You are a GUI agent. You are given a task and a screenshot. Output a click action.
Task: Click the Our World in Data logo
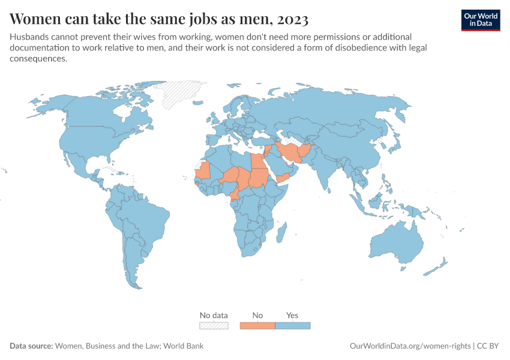[x=480, y=20]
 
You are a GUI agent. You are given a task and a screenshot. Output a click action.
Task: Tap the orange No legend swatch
[x=257, y=326]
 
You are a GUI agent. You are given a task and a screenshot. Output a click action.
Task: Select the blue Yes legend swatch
[x=292, y=326]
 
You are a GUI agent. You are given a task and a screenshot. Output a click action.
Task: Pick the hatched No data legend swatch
[x=214, y=326]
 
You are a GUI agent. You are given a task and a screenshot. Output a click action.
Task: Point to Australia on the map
[x=397, y=243]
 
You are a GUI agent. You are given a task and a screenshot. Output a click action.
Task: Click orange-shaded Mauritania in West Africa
[x=204, y=170]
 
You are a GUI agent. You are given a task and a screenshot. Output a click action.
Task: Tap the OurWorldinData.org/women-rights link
[x=410, y=346]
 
